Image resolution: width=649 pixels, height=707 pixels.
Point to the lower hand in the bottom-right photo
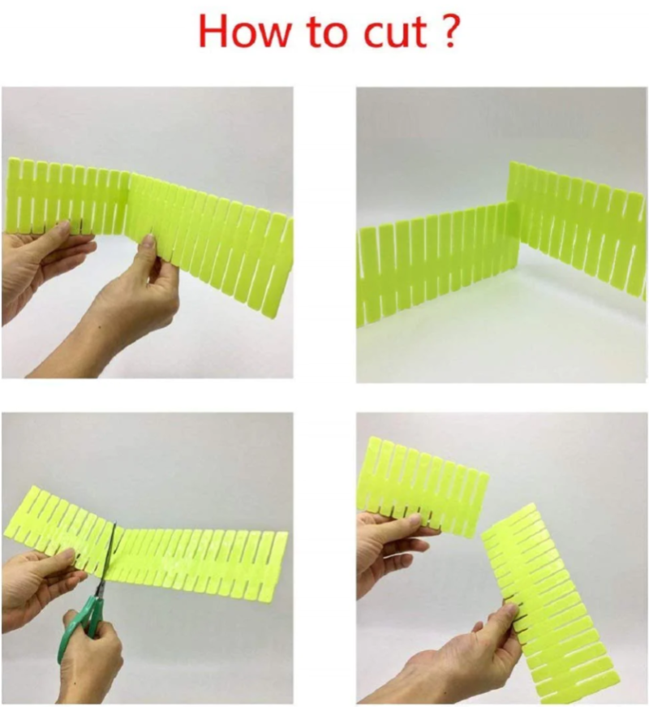[x=464, y=658]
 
